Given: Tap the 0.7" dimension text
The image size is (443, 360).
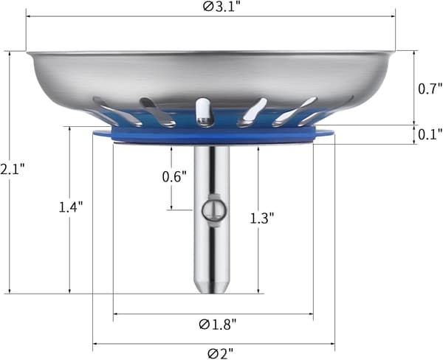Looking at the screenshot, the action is point(430,89).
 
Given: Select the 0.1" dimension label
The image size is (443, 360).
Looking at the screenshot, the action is point(430,135).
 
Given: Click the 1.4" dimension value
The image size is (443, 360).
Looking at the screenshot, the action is point(71,207).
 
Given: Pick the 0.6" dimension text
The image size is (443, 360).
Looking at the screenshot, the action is point(174,177).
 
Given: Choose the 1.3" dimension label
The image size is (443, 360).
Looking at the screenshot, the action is point(262,218).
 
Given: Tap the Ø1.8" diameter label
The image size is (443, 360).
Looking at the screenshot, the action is point(217,324).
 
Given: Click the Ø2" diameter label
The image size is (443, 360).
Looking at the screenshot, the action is point(221,354).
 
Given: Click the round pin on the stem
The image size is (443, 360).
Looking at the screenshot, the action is point(214,210).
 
